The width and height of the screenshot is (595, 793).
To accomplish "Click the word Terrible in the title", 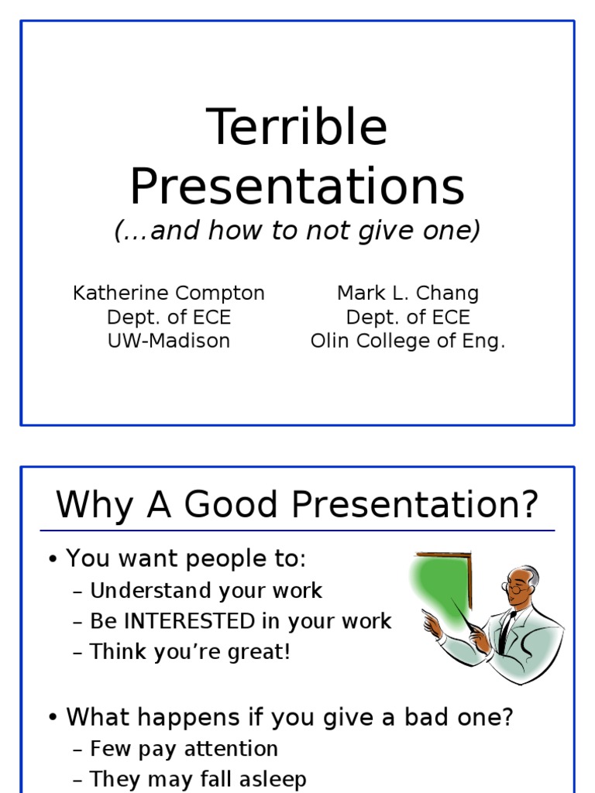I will tap(297, 127).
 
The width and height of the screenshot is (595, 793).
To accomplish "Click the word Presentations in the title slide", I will tap(297, 187).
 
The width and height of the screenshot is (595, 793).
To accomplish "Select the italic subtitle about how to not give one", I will tap(297, 231).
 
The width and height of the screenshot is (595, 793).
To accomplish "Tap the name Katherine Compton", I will tap(169, 294).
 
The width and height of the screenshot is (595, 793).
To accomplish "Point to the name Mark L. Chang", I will tap(408, 294).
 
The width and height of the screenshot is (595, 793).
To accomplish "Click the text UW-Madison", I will tap(169, 342).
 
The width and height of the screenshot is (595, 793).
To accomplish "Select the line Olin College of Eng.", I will tap(408, 342).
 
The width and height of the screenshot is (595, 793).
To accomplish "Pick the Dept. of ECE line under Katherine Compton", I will tap(169, 318).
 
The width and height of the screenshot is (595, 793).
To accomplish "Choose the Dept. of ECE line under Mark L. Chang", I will tap(408, 318).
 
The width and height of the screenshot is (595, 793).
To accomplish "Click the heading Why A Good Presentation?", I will tap(297, 505).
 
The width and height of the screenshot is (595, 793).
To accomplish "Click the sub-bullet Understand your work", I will tap(205, 591).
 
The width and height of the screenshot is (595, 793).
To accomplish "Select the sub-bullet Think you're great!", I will tap(190, 652).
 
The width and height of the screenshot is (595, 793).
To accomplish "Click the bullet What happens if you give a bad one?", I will tap(289, 717).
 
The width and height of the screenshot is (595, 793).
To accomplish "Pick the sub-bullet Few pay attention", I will tap(184, 749).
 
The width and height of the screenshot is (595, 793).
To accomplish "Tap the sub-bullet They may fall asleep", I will tap(198, 779).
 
